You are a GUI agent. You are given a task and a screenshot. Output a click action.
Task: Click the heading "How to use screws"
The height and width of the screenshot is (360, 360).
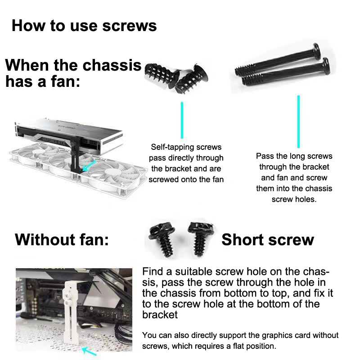(84, 26)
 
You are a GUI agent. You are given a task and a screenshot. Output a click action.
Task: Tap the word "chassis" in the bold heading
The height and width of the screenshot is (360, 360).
(112, 65)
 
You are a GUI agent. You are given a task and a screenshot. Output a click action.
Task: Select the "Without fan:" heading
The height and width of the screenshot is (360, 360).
(62, 240)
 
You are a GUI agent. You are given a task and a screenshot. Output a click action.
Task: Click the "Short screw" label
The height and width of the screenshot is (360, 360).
(268, 240)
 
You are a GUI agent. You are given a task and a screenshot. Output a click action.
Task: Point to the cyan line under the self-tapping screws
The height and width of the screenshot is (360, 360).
(182, 120)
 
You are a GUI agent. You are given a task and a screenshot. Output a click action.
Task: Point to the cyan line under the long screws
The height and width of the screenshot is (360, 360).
(298, 121)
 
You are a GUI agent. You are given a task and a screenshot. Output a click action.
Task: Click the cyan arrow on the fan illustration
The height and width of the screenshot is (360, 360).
(89, 166)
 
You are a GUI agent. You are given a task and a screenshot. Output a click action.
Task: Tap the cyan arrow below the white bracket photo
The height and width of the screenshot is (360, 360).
(89, 351)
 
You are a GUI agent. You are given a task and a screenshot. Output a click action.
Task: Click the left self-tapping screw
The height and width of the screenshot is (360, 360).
(162, 75)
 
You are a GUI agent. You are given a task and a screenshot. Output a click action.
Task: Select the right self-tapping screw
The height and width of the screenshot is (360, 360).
(192, 79)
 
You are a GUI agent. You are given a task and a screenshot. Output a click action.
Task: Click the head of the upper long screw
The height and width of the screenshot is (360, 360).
(316, 51)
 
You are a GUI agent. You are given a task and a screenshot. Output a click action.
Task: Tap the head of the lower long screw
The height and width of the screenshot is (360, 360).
(326, 66)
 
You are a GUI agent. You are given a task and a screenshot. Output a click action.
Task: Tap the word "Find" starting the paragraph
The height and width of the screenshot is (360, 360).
(153, 271)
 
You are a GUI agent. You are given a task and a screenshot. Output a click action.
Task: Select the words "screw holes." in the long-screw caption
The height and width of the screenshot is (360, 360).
(294, 199)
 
